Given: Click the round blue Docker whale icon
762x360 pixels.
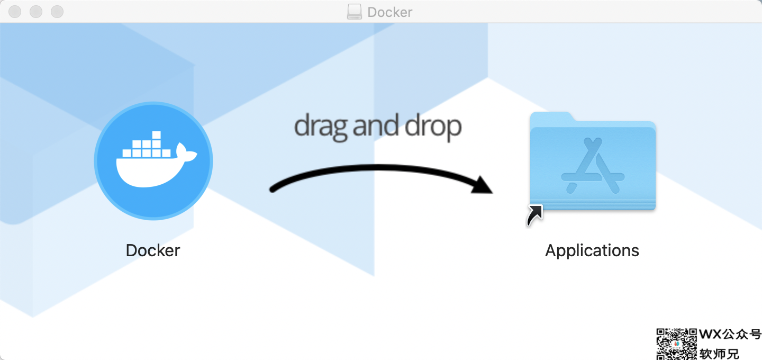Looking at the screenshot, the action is click(x=153, y=160).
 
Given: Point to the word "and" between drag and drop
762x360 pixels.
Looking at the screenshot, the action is click(x=376, y=125).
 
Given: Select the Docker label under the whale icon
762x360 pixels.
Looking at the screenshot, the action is click(x=153, y=250).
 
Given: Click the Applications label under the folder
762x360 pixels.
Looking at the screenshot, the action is click(x=592, y=251).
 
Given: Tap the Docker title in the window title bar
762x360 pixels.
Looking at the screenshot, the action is click(x=390, y=12).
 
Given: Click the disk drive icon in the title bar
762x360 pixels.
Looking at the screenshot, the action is click(x=354, y=12).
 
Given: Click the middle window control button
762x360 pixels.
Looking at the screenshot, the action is click(x=36, y=12).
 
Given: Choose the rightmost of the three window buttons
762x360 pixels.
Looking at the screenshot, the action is click(x=57, y=12).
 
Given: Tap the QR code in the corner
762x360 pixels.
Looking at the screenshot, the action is click(x=677, y=344).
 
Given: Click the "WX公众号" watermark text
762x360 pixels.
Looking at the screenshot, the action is click(x=730, y=334).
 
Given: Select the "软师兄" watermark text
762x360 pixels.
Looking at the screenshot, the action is click(x=720, y=354).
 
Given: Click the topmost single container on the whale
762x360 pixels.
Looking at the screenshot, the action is click(x=157, y=135).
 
